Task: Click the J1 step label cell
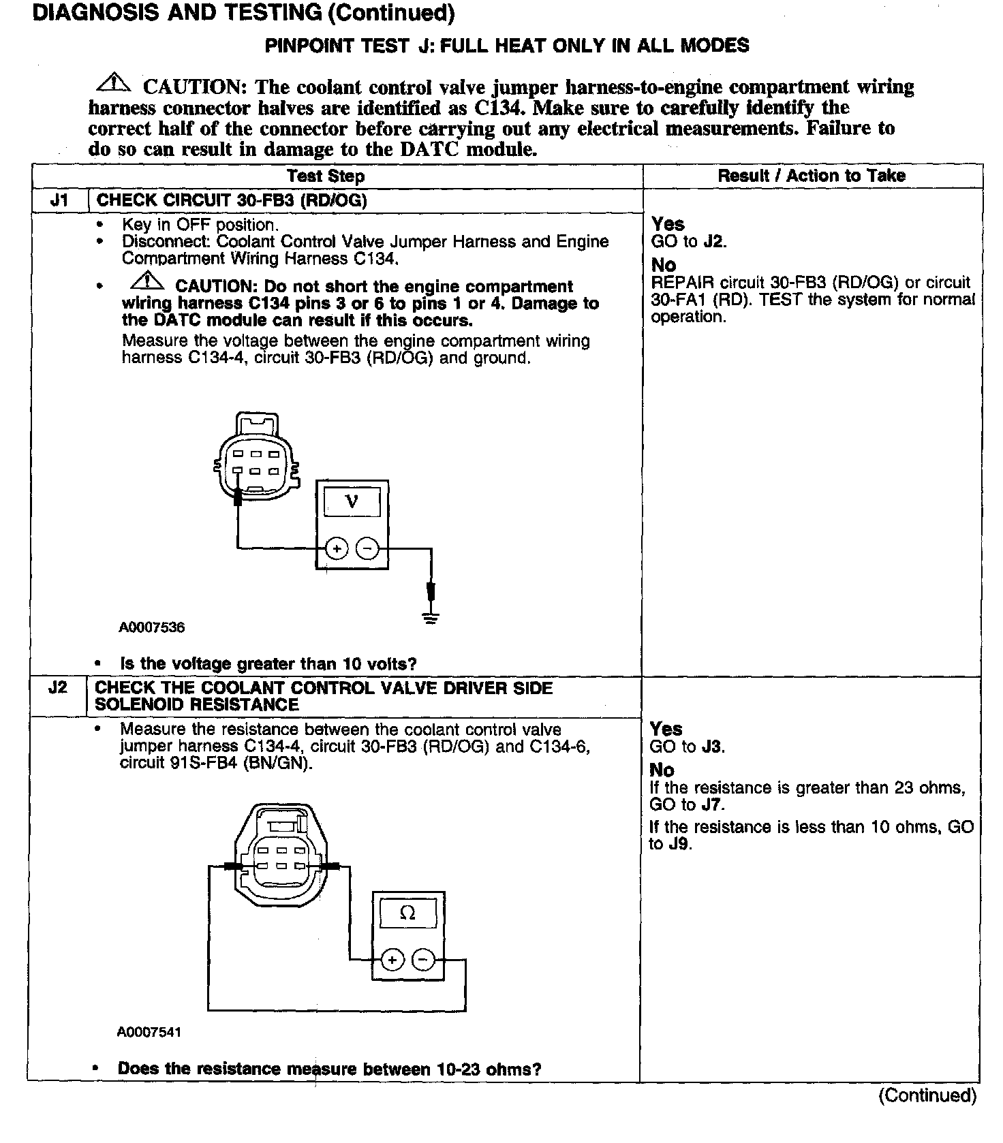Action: (x=59, y=201)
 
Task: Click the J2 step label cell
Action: (x=58, y=688)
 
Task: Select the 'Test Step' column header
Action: (x=326, y=176)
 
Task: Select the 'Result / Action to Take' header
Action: (x=811, y=176)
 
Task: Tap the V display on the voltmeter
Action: (x=352, y=503)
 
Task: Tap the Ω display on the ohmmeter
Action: (x=407, y=913)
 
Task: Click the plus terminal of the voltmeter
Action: (x=337, y=548)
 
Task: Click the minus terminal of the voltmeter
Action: (x=368, y=548)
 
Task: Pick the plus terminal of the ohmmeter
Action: (x=392, y=960)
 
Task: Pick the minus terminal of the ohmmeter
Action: (x=423, y=960)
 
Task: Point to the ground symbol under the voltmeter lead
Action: (x=430, y=618)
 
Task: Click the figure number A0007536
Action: (x=152, y=627)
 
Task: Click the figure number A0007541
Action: (x=149, y=1032)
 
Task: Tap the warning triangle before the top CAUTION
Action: (x=113, y=83)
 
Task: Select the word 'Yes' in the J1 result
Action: (x=668, y=224)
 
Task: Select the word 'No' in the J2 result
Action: (x=662, y=770)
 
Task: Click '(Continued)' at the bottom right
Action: (x=927, y=1095)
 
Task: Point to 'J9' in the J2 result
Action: (x=678, y=845)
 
